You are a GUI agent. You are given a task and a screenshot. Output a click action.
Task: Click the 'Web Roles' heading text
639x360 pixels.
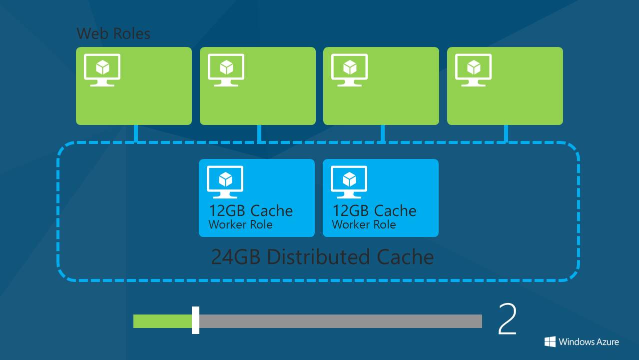(x=113, y=33)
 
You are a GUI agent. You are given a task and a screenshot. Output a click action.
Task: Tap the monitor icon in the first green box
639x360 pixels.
(x=102, y=70)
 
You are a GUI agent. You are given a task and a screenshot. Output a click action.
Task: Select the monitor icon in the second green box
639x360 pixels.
(x=226, y=70)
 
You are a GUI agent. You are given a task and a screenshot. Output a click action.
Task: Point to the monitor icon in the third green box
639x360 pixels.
(x=350, y=70)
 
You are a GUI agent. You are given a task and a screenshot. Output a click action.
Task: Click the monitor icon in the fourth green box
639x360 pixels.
(x=473, y=70)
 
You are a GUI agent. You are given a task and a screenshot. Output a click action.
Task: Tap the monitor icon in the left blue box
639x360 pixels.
(x=225, y=182)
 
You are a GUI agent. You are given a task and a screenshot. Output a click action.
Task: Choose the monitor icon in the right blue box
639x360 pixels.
(x=349, y=182)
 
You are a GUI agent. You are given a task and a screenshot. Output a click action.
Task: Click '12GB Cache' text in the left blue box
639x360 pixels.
(x=251, y=210)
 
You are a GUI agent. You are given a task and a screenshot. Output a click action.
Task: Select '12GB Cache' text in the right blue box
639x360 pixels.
(x=375, y=210)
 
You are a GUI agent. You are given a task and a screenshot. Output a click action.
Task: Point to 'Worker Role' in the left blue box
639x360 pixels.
(x=240, y=224)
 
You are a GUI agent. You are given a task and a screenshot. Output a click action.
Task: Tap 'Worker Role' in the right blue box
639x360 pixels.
(x=364, y=224)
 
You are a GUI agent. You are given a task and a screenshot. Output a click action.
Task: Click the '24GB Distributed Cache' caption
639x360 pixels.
(x=322, y=256)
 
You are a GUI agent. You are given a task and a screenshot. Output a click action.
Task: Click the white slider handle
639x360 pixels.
(x=195, y=320)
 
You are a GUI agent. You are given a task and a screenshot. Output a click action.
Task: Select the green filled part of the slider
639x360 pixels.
(x=162, y=321)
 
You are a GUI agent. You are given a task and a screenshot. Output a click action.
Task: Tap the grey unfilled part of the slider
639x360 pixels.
(x=340, y=321)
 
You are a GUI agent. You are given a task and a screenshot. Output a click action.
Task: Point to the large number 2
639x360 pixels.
(x=507, y=319)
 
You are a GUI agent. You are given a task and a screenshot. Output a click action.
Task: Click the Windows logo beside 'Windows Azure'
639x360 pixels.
(x=550, y=341)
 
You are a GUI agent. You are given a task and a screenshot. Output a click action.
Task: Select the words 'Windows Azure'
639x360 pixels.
(x=589, y=342)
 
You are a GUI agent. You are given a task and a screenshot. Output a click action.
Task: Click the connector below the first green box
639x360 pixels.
(x=135, y=133)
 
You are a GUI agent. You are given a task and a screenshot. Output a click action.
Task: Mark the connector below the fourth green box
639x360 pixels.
(x=506, y=133)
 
